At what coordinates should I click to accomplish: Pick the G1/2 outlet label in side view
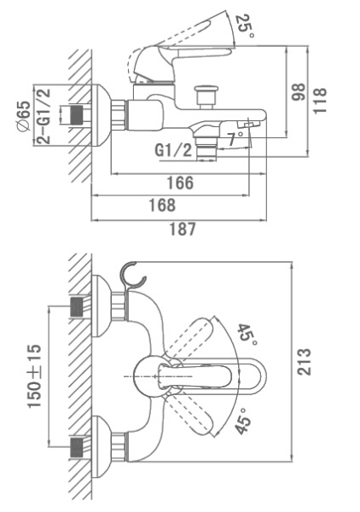coord(172,150)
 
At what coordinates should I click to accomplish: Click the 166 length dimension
coord(180,183)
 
